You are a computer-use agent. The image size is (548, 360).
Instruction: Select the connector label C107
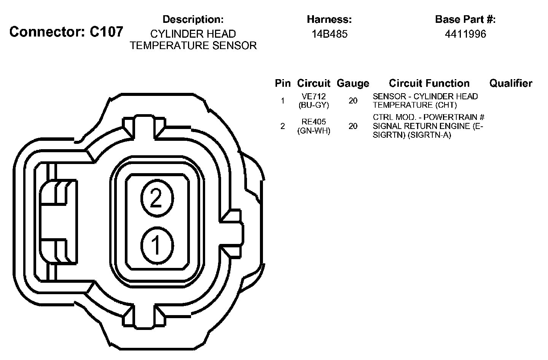(106, 32)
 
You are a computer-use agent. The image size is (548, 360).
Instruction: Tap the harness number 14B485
(329, 34)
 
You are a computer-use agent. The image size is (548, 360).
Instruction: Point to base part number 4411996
(465, 34)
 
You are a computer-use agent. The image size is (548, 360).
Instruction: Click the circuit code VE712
(314, 96)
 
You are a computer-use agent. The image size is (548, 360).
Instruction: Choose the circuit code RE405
(314, 121)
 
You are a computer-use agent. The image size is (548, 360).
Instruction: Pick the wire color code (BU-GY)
(314, 105)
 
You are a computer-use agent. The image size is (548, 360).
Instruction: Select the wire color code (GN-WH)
(314, 131)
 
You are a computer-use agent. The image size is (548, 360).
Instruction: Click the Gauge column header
(353, 83)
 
